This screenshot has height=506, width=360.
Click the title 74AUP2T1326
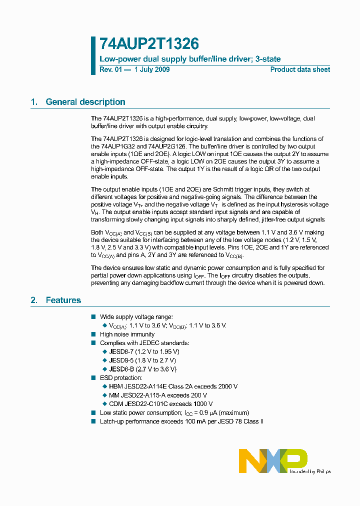pos(142,44)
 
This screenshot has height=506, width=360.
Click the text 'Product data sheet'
pos(300,69)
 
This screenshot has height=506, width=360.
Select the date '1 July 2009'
pos(152,69)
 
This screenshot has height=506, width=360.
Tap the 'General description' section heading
pos(85,102)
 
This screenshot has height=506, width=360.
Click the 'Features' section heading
pos(63,300)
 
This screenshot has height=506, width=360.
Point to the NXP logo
pos(273,460)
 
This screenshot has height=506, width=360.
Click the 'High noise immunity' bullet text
pos(127,334)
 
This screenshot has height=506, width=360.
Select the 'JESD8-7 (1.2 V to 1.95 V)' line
pos(142,352)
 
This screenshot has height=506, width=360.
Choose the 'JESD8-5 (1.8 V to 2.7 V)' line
pos(142,360)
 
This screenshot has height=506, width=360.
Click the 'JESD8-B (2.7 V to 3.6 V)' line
pos(142,369)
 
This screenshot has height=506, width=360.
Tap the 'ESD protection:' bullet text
pos(121,378)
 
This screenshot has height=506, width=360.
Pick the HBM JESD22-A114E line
pos(173,386)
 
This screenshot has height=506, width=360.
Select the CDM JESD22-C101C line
pos(161,403)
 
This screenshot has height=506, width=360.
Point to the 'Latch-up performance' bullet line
pos(181,421)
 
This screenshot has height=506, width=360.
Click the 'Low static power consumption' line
pos(174,412)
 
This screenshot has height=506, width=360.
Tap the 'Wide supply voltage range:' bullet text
pos(136,317)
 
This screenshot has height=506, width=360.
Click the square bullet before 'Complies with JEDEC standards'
pos(93,343)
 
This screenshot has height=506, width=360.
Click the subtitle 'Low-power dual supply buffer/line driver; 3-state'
pos(190,59)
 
